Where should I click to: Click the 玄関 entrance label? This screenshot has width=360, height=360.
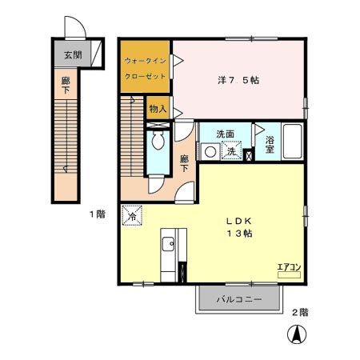(x=73, y=55)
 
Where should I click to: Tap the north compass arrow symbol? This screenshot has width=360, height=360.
(x=297, y=334)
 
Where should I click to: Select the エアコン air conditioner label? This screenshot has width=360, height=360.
(x=289, y=267)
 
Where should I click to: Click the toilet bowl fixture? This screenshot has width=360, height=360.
(x=158, y=140)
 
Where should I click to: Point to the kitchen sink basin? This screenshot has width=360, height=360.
(x=168, y=244)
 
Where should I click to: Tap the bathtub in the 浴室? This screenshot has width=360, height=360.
(x=293, y=141)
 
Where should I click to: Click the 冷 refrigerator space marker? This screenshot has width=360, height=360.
(x=132, y=215)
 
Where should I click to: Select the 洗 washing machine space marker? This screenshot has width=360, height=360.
(x=231, y=150)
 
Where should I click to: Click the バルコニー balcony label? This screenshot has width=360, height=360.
(x=239, y=299)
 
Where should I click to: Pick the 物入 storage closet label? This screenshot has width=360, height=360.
(x=158, y=109)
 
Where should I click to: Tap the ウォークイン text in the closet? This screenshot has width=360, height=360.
(x=146, y=61)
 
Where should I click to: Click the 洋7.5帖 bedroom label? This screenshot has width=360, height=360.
(x=238, y=80)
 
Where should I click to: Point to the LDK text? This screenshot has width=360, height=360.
(x=239, y=221)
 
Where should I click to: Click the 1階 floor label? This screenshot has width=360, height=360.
(x=98, y=214)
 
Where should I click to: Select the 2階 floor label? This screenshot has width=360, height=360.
(x=300, y=312)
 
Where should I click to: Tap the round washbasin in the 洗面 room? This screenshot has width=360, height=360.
(x=210, y=152)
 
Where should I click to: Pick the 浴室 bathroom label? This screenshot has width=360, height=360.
(x=270, y=145)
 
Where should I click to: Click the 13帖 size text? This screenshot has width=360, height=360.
(x=239, y=234)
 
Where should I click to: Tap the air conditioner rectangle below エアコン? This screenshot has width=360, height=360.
(x=289, y=275)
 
